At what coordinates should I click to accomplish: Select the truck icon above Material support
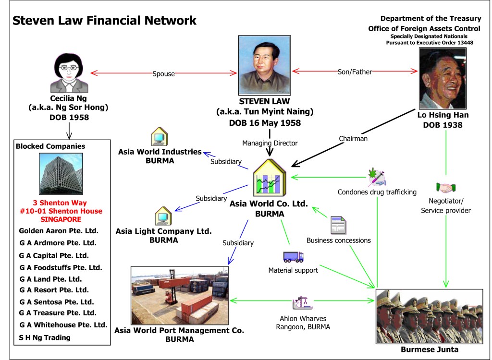click(293, 257)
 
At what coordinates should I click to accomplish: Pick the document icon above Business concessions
click(338, 225)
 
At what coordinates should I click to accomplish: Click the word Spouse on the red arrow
click(163, 74)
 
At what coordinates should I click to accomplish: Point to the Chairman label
click(353, 139)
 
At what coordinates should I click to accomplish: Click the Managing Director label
click(270, 143)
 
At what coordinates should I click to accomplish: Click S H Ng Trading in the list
click(45, 337)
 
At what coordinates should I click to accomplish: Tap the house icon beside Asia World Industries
click(159, 137)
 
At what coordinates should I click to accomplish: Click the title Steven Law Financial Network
click(104, 21)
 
